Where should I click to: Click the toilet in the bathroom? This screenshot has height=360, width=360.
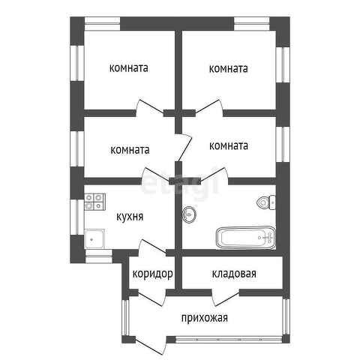pyautogui.click(x=266, y=202)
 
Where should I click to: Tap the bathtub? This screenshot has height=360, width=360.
pyautogui.click(x=246, y=238)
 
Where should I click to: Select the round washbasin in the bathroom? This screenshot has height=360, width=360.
pyautogui.click(x=189, y=214)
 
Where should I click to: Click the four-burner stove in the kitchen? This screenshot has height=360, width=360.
pyautogui.click(x=94, y=202)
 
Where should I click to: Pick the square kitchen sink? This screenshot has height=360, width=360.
pyautogui.click(x=94, y=238)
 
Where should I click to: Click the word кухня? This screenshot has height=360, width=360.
pyautogui.click(x=130, y=217)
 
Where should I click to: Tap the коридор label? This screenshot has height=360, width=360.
pyautogui.click(x=152, y=274)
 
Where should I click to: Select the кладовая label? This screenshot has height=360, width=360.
pyautogui.click(x=234, y=274)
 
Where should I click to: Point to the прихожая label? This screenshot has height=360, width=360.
pyautogui.click(x=205, y=318)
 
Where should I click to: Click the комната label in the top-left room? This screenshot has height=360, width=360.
pyautogui.click(x=129, y=68)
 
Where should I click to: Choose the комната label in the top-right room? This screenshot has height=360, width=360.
pyautogui.click(x=228, y=68)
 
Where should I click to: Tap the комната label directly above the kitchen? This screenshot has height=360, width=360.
pyautogui.click(x=130, y=150)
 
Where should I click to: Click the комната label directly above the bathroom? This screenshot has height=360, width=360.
pyautogui.click(x=229, y=146)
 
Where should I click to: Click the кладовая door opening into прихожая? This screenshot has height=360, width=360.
pyautogui.click(x=226, y=298)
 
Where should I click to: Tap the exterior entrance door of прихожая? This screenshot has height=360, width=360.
pyautogui.click(x=151, y=346)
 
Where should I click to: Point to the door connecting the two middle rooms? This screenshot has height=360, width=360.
pyautogui.click(x=184, y=148)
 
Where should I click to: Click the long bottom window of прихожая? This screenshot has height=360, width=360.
pyautogui.click(x=229, y=339)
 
